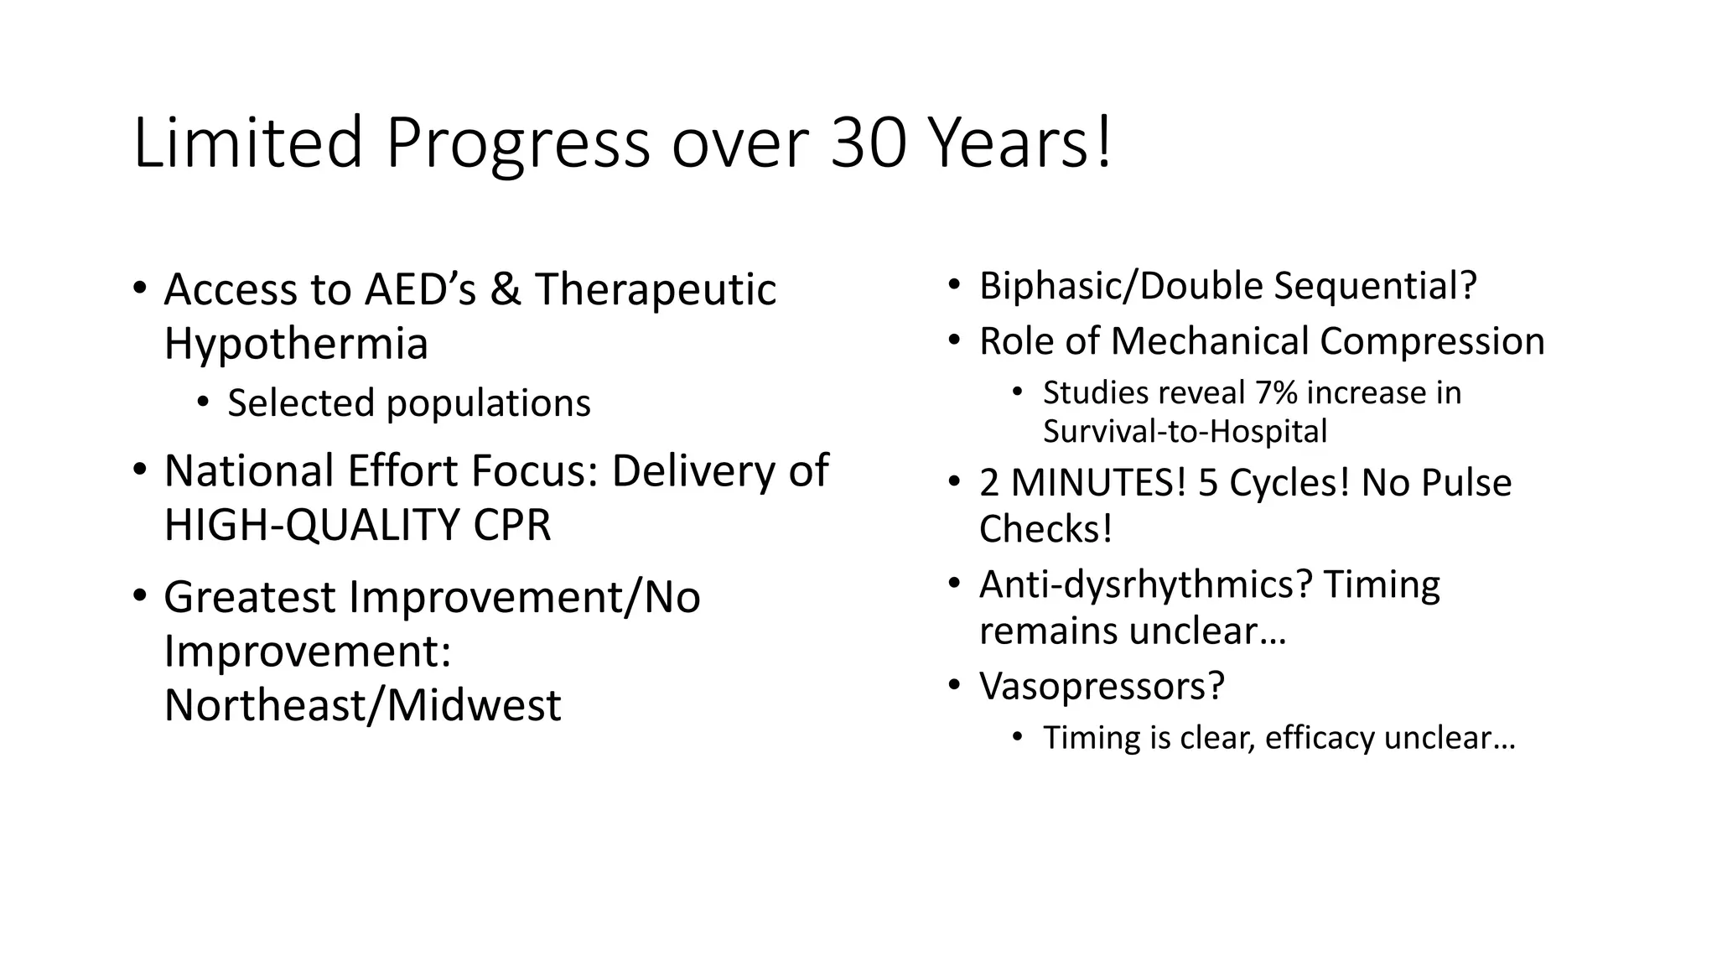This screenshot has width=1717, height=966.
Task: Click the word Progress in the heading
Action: [x=517, y=144]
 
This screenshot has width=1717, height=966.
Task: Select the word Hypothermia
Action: [x=296, y=344]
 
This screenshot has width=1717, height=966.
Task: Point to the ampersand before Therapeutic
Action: [x=505, y=289]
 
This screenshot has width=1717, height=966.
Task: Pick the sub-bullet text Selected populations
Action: [x=409, y=403]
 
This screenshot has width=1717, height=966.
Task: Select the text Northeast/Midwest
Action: [x=362, y=705]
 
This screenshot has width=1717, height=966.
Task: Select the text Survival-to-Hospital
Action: [x=1185, y=432]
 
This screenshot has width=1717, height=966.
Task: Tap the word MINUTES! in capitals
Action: [x=1099, y=483]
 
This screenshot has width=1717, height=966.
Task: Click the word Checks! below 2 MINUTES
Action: [x=1045, y=529]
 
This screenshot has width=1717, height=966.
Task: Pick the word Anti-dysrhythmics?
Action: [x=1145, y=584]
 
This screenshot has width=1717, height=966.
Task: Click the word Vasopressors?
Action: [x=1102, y=686]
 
